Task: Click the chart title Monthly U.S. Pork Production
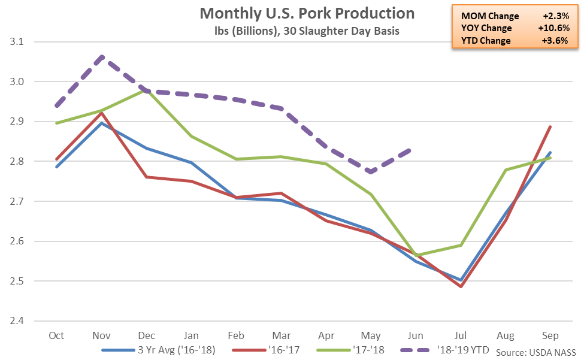coord(307,13)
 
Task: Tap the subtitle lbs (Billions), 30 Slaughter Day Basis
coord(307,31)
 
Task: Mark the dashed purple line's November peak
coord(102,56)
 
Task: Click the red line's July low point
coord(461,287)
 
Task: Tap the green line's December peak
coord(147,90)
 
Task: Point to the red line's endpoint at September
coord(550,126)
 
